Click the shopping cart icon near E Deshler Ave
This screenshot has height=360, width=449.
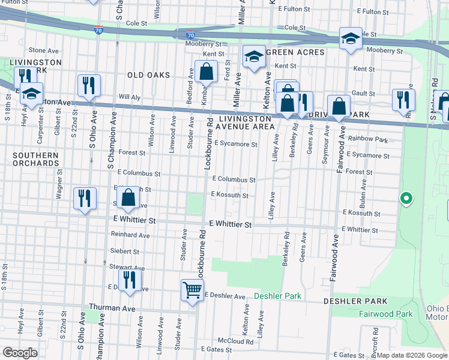[x=192, y=290]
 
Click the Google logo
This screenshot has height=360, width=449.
[x=20, y=353]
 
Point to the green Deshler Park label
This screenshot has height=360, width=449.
[x=277, y=296]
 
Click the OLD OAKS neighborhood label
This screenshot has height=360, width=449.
[x=148, y=75]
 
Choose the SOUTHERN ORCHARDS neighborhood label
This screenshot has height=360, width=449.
[x=36, y=159]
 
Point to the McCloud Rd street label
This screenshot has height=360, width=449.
[x=235, y=341]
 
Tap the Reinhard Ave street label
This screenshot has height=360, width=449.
[x=130, y=235]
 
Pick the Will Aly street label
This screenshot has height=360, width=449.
[x=129, y=97]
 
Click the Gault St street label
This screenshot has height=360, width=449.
[x=364, y=94]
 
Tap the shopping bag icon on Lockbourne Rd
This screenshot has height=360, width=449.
[x=205, y=71]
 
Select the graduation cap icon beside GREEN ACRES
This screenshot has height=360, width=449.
[x=254, y=56]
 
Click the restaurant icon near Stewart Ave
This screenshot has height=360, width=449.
[x=130, y=280]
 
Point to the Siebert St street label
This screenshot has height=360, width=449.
[x=124, y=251]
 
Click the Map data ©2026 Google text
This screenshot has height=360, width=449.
[x=412, y=355]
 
